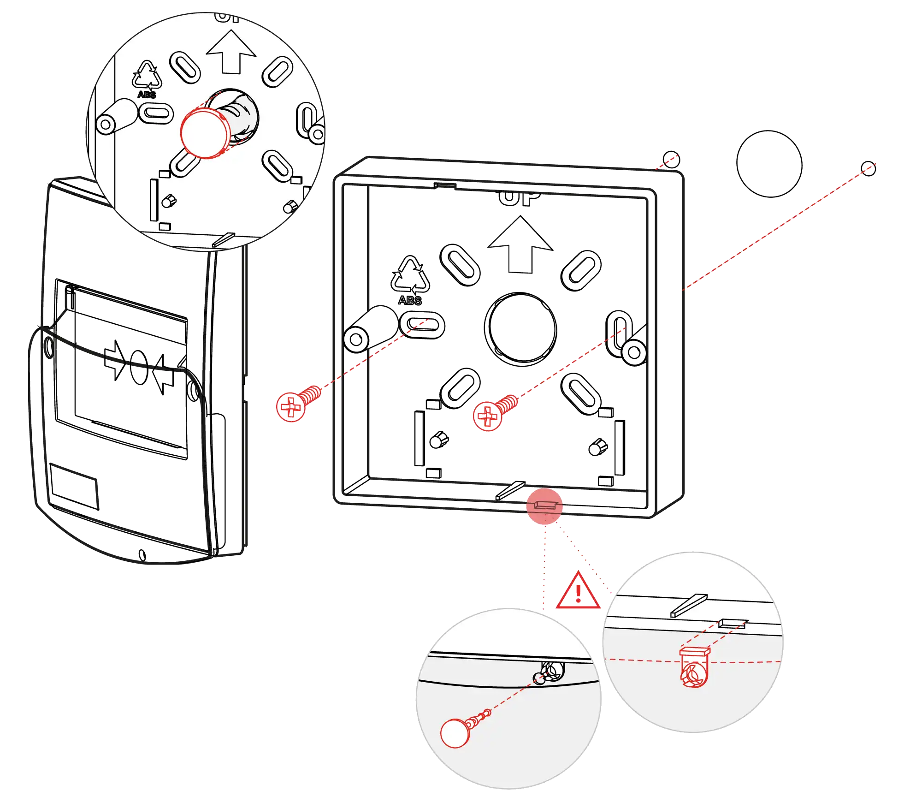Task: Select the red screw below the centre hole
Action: pos(488,416)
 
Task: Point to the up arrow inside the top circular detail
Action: pos(231,52)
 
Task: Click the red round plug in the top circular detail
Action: pos(204,133)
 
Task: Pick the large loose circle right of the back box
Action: pos(768,164)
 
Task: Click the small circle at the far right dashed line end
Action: pos(869,168)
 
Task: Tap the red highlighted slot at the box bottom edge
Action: pos(544,506)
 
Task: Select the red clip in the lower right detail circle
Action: pos(694,667)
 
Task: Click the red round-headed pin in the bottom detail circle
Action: pos(455,733)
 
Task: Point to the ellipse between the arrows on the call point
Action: pos(138,367)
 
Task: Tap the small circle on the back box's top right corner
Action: pos(671,158)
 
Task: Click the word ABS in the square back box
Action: pos(410,300)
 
